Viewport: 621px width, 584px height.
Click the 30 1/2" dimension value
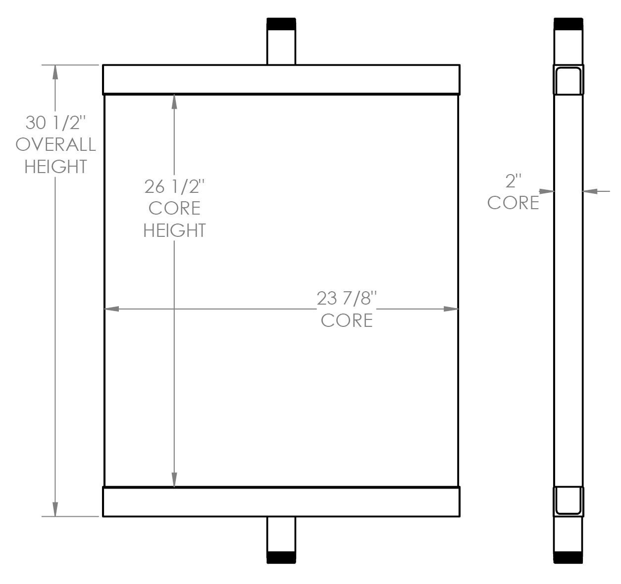pos(56,122)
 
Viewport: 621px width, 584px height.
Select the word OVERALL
pos(56,144)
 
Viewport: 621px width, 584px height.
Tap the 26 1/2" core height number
pos(174,187)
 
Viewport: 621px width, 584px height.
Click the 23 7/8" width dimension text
pos(347,299)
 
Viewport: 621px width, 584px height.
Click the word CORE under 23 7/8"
pos(347,320)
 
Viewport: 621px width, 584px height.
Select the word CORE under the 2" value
pos(513,203)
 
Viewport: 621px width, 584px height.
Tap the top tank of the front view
pos(281,79)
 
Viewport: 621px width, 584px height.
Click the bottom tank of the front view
pos(281,502)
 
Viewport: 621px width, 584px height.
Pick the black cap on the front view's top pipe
pos(281,24)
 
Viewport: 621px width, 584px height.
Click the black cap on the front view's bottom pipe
pos(281,557)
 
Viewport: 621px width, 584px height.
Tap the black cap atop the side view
pos(568,24)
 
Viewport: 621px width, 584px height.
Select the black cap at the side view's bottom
pos(568,557)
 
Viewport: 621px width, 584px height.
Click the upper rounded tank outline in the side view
pos(568,81)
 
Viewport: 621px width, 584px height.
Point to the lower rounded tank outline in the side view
pos(568,500)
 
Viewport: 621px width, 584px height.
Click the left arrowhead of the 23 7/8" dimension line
pos(111,310)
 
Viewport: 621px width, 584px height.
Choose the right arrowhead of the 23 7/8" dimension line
pos(451,310)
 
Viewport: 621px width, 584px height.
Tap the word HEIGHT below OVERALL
pos(56,167)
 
